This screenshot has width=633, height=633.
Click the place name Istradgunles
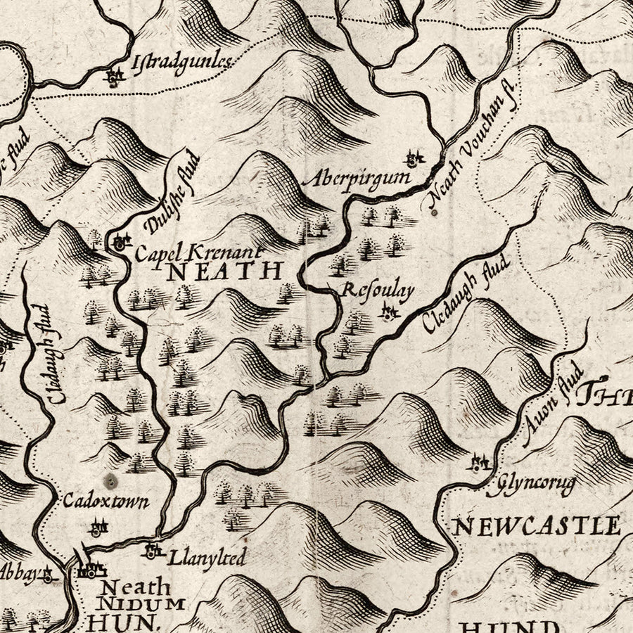[181, 64]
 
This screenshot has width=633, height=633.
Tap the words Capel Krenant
[198, 252]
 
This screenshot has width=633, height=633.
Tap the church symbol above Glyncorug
[480, 463]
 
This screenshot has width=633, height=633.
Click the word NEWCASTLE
[536, 525]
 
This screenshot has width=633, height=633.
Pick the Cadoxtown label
[105, 502]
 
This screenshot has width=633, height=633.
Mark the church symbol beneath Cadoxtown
[98, 525]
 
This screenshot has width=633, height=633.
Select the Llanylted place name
[207, 558]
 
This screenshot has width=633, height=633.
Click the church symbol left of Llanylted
[151, 551]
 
